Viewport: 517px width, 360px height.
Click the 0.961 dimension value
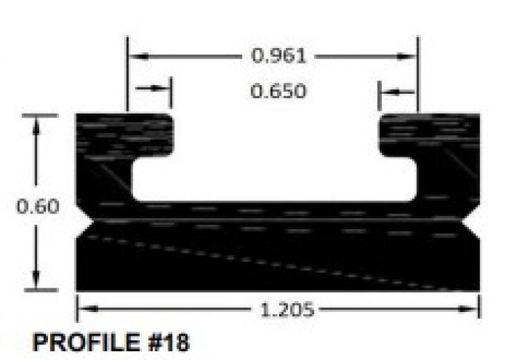[x=278, y=55]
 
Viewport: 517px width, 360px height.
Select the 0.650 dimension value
[x=278, y=92]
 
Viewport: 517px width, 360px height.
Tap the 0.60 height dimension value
[x=38, y=206]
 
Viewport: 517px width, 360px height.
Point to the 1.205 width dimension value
[x=287, y=310]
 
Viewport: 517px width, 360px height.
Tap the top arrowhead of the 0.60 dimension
[x=35, y=123]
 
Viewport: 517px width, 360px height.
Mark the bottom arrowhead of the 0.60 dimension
[x=35, y=283]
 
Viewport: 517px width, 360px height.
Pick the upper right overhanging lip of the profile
[x=428, y=133]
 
